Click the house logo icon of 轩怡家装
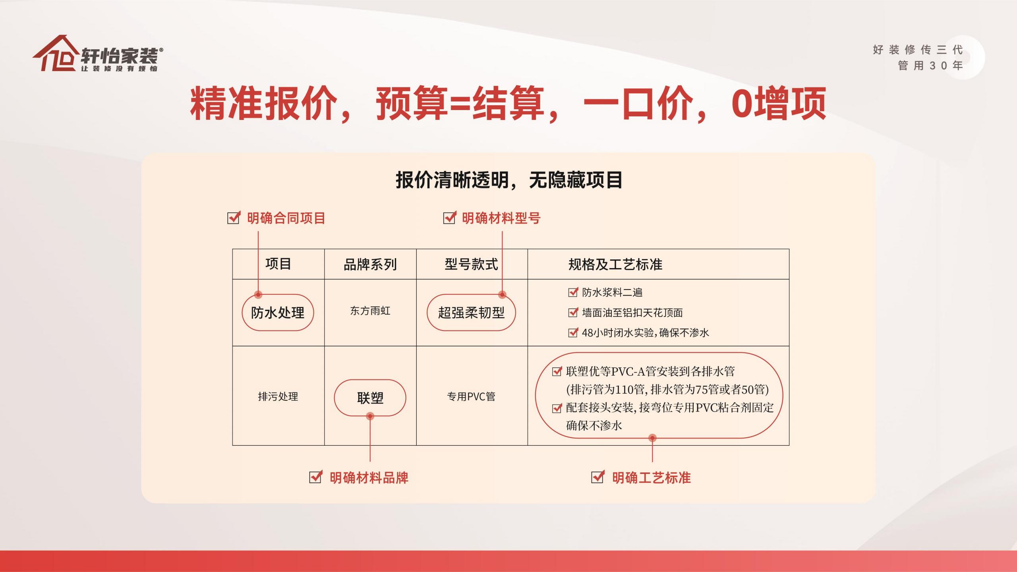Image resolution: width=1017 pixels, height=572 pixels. pos(56,53)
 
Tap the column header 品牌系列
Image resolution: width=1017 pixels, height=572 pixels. pos(370,265)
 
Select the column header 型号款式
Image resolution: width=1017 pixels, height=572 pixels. pos(471,264)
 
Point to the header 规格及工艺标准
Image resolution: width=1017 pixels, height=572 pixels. pos(615,265)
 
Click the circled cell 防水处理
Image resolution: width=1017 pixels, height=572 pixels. pos(278,313)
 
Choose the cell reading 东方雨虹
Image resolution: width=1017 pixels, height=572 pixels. pos(370,311)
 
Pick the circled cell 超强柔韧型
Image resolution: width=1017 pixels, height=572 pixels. pos(471,313)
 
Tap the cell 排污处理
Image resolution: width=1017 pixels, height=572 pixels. pos(278,396)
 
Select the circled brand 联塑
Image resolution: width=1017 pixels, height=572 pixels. pos(370,398)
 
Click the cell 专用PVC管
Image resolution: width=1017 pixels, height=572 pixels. pos(471,396)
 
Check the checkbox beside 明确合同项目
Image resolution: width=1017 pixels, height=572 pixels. pos(234,217)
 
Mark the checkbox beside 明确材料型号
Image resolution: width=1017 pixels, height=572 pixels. pos(449,217)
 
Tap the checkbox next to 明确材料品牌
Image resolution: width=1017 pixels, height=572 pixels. pos(315,477)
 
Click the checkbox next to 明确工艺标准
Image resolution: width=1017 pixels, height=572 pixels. pos(598,477)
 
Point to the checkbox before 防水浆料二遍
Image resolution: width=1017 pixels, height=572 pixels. pos(573,292)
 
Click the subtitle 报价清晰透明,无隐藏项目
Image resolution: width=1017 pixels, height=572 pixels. pos(509,180)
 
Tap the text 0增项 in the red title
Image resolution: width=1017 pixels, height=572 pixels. pos(779,103)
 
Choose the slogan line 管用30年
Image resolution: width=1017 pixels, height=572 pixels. pos(930,66)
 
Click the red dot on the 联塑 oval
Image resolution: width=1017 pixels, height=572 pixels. pos(370,416)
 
